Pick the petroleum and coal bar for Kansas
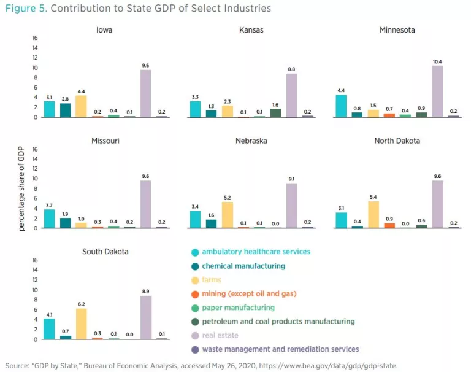(275, 113)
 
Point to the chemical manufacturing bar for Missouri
(66, 223)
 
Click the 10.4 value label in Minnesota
(437, 60)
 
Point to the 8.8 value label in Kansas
(291, 69)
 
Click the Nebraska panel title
(251, 141)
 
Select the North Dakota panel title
(397, 141)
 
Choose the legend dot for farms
(194, 280)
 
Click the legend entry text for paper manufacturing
(238, 308)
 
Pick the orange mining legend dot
(194, 294)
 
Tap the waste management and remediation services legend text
(280, 349)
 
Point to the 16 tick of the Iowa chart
(35, 38)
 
